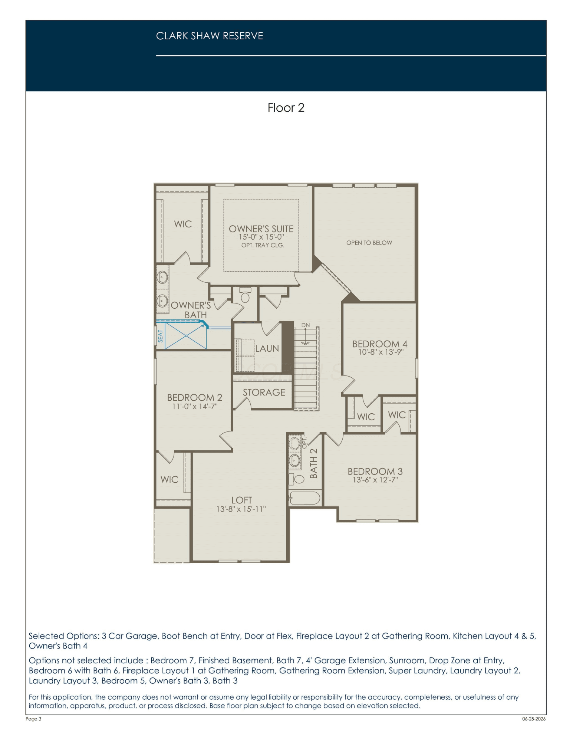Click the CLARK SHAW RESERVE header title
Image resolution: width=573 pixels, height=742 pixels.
coord(210,36)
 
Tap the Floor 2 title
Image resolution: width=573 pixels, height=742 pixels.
coord(286,108)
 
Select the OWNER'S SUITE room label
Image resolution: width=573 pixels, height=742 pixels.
coord(261,229)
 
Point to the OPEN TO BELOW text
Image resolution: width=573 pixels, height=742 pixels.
coord(369,243)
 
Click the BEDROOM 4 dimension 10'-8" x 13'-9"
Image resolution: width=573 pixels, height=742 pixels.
coord(381,352)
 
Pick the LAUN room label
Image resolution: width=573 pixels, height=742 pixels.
coord(267,348)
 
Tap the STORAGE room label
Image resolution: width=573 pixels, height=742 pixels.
coord(264,392)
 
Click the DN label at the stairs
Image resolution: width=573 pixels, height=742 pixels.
coord(306,325)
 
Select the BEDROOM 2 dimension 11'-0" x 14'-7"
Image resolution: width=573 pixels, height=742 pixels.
coord(195,406)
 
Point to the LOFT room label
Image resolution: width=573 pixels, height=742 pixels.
coord(241,500)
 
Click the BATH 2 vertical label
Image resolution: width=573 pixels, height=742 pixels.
coord(314,463)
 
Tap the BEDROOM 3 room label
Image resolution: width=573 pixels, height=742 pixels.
coord(375,471)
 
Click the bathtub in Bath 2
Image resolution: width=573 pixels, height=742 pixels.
coord(304,498)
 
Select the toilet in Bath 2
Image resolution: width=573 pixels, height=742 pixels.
coord(296,479)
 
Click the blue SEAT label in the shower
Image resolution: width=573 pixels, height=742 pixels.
coord(161,336)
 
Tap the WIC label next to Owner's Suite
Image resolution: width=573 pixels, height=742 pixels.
coord(183,224)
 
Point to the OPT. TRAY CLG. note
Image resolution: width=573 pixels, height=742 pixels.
coord(263,245)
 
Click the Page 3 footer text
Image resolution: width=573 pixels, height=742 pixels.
coord(33,719)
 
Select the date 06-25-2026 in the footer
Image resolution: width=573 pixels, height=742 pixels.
coord(534,719)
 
